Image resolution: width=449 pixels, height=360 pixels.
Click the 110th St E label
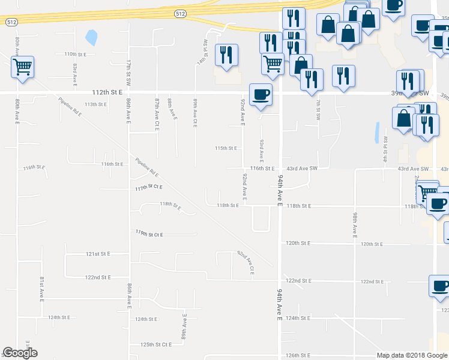[75, 54]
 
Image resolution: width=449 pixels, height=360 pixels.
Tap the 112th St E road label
[107, 92]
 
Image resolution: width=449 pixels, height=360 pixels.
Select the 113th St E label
[95, 104]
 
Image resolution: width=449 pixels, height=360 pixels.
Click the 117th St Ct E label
[149, 188]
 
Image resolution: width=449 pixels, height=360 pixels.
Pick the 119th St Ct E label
[149, 233]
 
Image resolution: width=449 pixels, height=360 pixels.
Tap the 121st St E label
[98, 254]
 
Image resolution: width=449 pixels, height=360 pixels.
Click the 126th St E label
[298, 356]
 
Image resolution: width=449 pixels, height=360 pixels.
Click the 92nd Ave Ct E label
[246, 263]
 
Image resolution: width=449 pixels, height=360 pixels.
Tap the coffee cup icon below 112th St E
[260, 95]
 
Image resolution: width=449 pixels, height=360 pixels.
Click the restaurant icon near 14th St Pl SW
[226, 55]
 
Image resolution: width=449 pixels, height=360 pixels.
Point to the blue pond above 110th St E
[91, 38]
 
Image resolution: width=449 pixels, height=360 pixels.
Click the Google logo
[20, 353]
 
